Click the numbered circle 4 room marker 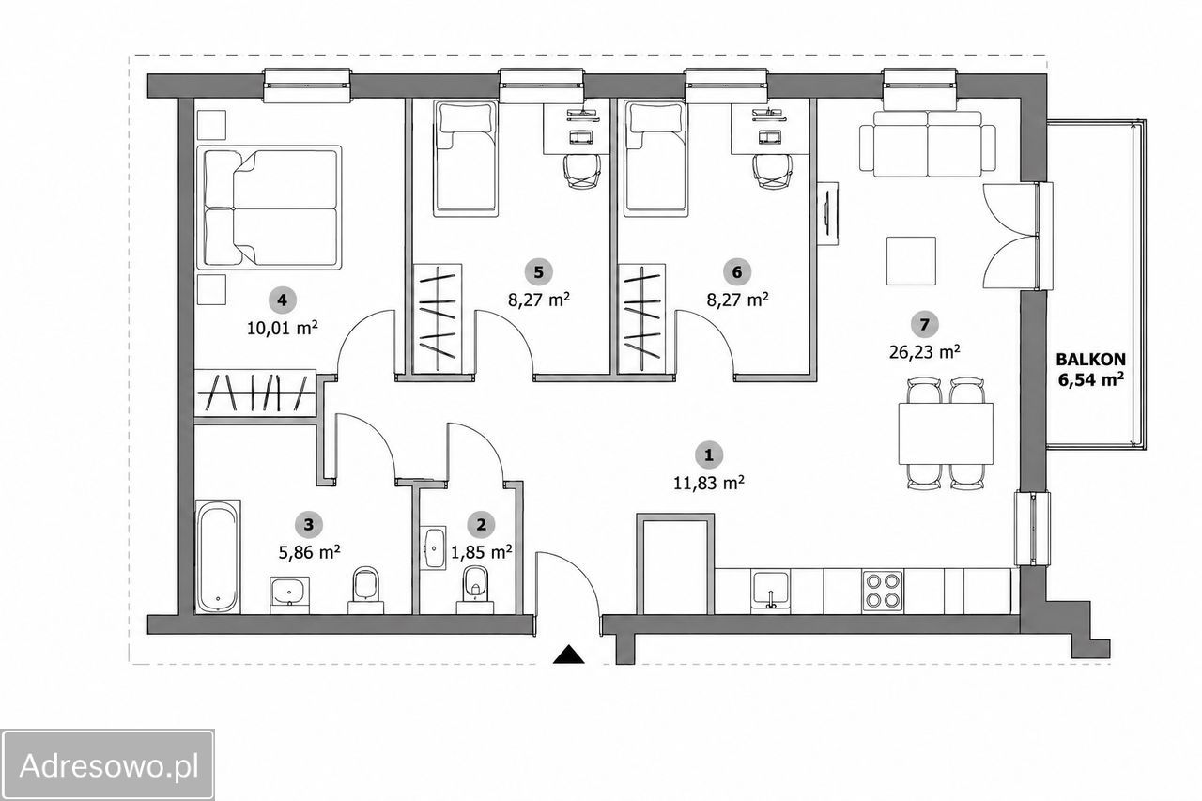pos(283,300)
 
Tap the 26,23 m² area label pos(925,352)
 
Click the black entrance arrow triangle pos(569,654)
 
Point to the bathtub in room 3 pos(218,556)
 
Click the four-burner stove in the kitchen pos(882,591)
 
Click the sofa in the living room pos(928,144)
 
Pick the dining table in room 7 pos(946,434)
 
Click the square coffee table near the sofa pos(911,261)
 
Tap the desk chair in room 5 pos(581,172)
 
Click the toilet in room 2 pos(475,589)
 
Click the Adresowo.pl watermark pos(108,764)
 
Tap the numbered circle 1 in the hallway pos(708,454)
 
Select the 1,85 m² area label pos(482,551)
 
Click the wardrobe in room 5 pos(437,317)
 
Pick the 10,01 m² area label pos(283,328)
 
